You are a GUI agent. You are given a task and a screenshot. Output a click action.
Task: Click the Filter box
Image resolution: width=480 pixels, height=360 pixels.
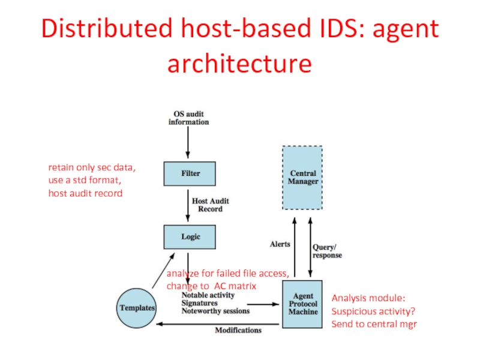pos(190,173)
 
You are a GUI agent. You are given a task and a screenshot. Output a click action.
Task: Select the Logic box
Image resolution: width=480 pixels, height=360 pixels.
pos(190,236)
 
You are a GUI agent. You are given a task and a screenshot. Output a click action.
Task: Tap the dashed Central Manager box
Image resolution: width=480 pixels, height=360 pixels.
pos(302,178)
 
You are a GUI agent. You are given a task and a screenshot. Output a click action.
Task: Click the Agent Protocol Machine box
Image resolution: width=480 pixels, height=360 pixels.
pos(302,304)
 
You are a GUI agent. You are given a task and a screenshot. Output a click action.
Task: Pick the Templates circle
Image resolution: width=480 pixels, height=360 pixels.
pos(136,308)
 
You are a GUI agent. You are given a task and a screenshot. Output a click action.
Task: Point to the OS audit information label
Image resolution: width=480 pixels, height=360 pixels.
pos(188,118)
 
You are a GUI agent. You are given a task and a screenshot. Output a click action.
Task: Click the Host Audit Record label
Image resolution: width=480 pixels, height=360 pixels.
pos(210,205)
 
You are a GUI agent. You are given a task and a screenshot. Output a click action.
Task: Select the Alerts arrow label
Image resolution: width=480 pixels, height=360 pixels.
pos(280,244)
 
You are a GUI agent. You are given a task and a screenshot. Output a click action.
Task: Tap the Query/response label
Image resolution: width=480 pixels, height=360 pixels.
pos(327,251)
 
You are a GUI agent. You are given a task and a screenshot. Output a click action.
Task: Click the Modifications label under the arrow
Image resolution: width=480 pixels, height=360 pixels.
pos(238,330)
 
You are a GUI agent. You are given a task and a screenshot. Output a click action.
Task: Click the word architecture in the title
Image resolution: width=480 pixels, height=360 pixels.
pos(239,63)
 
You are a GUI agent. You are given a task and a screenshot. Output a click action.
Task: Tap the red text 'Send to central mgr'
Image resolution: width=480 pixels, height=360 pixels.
pos(374,324)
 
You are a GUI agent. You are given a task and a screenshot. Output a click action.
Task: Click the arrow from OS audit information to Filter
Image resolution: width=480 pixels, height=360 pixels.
pos(188,144)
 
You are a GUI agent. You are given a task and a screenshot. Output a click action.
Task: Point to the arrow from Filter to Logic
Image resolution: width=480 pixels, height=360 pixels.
pos(188,208)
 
